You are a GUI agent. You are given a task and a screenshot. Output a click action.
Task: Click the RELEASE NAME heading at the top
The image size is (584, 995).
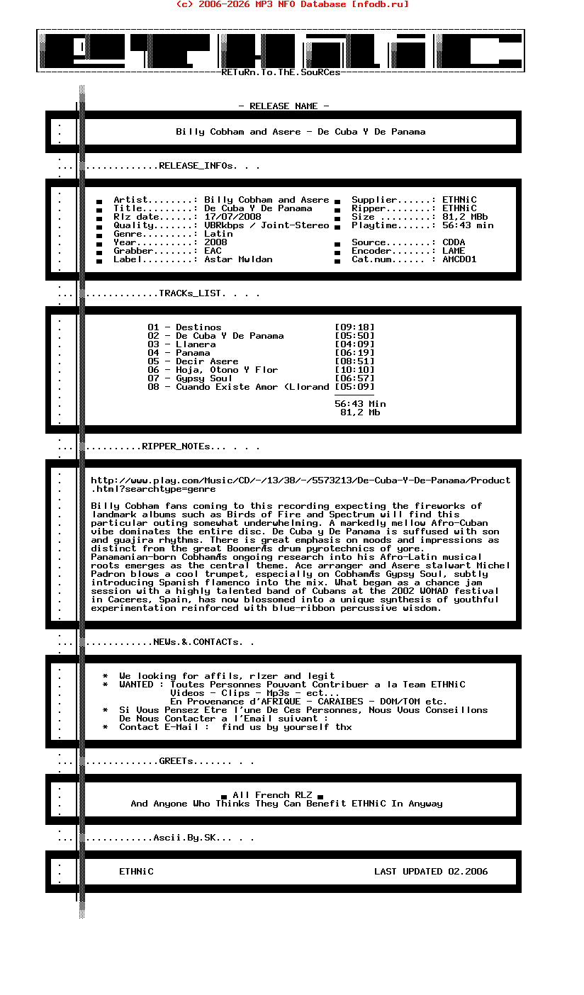pyautogui.click(x=283, y=106)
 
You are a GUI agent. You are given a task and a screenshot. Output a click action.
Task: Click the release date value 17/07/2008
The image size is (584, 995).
pyautogui.click(x=232, y=217)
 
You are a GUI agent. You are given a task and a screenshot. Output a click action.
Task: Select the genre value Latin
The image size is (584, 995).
pyautogui.click(x=218, y=234)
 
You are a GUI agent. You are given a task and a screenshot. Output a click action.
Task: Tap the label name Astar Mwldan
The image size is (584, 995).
pyautogui.click(x=238, y=259)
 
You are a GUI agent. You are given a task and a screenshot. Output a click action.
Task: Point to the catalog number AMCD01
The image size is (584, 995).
pyautogui.click(x=459, y=259)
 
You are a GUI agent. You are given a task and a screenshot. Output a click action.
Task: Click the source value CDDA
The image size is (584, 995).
pyautogui.click(x=454, y=242)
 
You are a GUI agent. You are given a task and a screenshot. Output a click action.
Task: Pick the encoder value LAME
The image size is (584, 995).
pyautogui.click(x=454, y=251)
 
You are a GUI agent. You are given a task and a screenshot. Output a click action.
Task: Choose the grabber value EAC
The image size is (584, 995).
pyautogui.click(x=213, y=251)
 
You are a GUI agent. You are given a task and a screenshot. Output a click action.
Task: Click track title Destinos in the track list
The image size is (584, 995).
pyautogui.click(x=198, y=327)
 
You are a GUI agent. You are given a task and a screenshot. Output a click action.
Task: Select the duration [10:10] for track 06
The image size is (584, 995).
pyautogui.click(x=354, y=370)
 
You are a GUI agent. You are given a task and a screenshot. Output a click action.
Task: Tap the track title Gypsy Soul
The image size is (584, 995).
pyautogui.click(x=204, y=378)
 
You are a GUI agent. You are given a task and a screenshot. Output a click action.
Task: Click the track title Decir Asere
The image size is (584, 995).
pyautogui.click(x=207, y=361)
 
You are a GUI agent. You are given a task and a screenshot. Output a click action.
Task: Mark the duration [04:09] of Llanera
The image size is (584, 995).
pyautogui.click(x=354, y=344)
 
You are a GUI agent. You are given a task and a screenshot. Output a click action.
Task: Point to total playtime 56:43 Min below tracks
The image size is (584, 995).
pyautogui.click(x=360, y=404)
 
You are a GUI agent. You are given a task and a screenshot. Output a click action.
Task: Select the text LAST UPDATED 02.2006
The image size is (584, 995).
pyautogui.click(x=431, y=872)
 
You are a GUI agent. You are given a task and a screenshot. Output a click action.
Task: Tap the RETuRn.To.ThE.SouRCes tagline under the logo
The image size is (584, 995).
pyautogui.click(x=281, y=72)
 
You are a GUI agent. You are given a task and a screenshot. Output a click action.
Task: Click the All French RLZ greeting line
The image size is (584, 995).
pyautogui.click(x=272, y=795)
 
